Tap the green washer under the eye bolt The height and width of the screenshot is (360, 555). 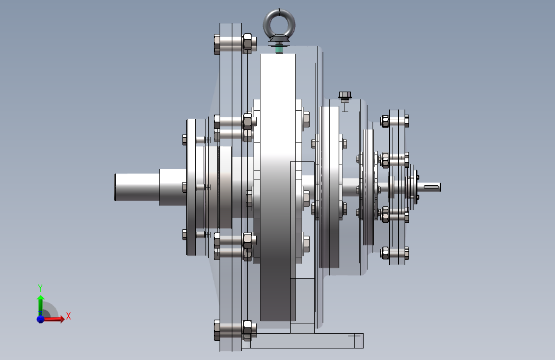point(279,49)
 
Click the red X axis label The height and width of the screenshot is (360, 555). point(68,316)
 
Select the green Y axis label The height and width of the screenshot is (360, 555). point(40,288)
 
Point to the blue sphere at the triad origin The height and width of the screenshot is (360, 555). point(41,319)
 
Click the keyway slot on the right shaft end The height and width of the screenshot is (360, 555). point(432,187)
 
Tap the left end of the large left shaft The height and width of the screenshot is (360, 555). point(115,188)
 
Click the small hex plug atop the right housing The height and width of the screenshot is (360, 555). point(345,95)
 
